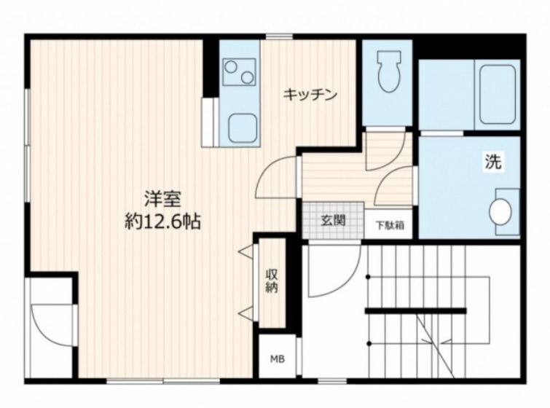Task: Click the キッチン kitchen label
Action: (x=310, y=95)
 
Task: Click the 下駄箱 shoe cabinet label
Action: (x=388, y=224)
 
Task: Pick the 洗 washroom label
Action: (x=492, y=163)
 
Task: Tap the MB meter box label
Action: (x=278, y=358)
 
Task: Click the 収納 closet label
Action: (x=272, y=280)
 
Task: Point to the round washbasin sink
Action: (x=500, y=212)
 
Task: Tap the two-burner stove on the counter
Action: (x=239, y=72)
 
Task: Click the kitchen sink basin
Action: (x=240, y=128)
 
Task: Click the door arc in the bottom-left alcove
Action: (x=52, y=325)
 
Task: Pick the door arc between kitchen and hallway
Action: (x=277, y=178)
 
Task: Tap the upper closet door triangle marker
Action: (x=244, y=251)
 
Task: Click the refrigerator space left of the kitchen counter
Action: (x=209, y=122)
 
